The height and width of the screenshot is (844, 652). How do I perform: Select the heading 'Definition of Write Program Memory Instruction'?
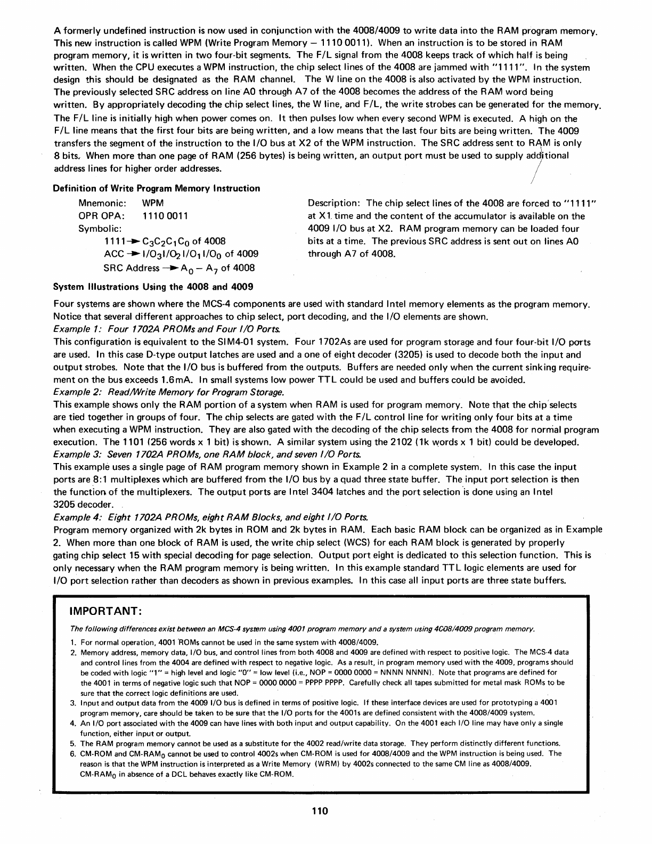[157, 188]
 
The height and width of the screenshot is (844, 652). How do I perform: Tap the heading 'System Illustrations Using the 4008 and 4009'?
[153, 287]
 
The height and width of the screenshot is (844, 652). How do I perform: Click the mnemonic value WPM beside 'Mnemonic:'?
[153, 203]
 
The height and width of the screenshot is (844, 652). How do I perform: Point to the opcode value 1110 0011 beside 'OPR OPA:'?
[165, 216]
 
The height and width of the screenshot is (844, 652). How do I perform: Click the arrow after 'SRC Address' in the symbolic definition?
[171, 268]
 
